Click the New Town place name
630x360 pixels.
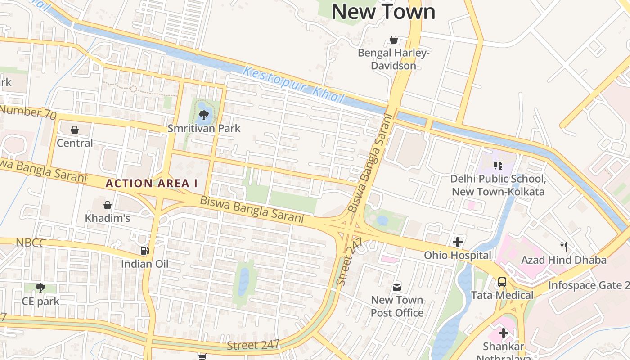(x=383, y=12)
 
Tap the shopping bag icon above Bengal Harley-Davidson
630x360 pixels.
(x=394, y=40)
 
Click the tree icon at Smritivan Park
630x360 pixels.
(x=204, y=115)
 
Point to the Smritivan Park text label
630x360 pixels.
(x=204, y=128)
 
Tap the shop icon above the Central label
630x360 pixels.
(x=75, y=130)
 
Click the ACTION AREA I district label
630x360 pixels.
(x=152, y=184)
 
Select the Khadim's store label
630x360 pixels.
(x=108, y=218)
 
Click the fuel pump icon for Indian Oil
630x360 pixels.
(x=144, y=251)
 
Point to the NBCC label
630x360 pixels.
(x=31, y=243)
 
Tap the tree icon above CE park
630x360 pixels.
(x=40, y=288)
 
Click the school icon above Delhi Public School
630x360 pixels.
(x=498, y=166)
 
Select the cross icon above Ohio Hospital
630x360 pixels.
(x=458, y=242)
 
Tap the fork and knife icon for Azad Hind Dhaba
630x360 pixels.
(x=563, y=246)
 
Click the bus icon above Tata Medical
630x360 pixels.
(x=502, y=283)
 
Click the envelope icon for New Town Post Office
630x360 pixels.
(x=397, y=287)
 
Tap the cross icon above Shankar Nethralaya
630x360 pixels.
(x=504, y=333)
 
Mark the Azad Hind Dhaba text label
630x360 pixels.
(x=563, y=260)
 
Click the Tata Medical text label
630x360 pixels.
(x=502, y=295)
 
